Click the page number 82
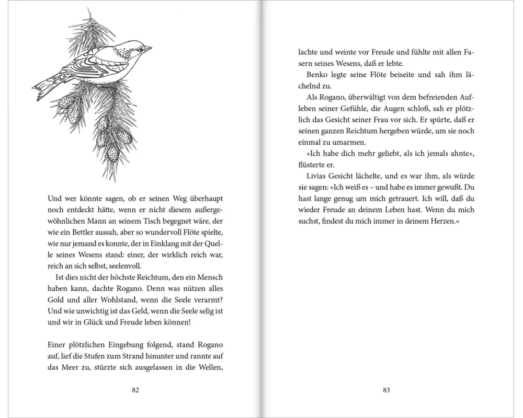(x=136, y=389)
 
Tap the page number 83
(x=386, y=389)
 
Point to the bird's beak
(x=148, y=49)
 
